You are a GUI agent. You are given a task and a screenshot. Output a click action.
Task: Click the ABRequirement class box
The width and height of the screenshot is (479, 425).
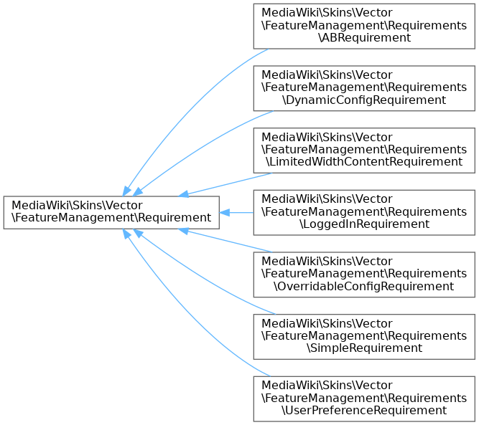(x=363, y=26)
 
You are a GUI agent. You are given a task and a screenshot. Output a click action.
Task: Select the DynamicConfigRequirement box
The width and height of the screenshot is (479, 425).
(x=363, y=87)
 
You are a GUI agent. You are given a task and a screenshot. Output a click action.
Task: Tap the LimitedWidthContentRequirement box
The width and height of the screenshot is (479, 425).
(x=363, y=150)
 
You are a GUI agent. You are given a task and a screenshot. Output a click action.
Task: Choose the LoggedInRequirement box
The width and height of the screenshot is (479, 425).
(x=363, y=211)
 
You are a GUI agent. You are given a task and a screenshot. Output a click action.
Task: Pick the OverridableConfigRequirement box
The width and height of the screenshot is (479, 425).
(x=363, y=274)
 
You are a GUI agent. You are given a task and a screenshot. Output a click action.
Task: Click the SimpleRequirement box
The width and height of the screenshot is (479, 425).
(x=363, y=335)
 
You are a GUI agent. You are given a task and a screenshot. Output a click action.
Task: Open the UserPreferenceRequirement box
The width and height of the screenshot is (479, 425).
(x=363, y=398)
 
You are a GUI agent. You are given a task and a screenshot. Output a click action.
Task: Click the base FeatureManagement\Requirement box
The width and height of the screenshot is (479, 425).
(x=111, y=211)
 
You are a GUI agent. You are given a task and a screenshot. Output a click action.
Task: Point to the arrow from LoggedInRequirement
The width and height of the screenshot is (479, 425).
(x=237, y=212)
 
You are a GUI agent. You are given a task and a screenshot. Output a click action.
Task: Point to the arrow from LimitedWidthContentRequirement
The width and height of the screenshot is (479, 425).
(x=223, y=184)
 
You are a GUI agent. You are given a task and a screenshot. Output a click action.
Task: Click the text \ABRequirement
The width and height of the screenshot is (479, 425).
(x=363, y=38)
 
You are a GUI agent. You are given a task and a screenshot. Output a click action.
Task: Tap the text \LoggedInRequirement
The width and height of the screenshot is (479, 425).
(x=363, y=224)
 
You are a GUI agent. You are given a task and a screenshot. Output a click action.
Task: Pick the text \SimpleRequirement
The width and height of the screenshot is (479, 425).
(x=363, y=348)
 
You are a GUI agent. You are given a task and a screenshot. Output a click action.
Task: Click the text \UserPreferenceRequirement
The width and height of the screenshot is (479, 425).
(x=363, y=411)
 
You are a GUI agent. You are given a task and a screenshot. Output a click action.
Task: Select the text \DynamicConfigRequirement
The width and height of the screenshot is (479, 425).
(x=363, y=100)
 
